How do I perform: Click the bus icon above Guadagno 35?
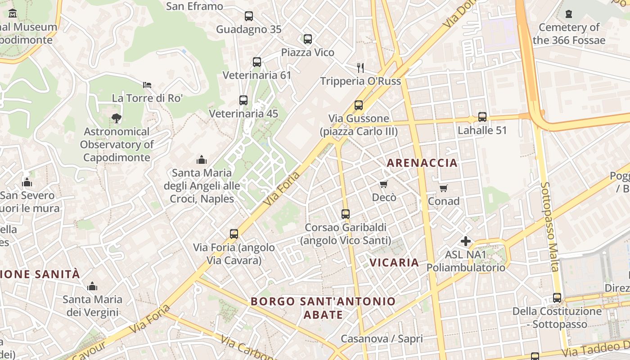249,16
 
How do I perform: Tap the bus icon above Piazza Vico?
308,39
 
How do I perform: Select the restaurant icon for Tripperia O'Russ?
360,68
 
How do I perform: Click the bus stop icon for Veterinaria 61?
257,62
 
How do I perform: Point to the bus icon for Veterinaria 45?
243,100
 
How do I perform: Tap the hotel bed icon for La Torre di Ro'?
147,85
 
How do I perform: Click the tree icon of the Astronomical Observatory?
117,118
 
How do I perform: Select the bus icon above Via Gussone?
359,105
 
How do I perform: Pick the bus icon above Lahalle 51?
482,117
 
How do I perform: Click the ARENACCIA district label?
422,163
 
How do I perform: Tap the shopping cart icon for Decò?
384,184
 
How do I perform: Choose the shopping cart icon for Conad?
444,188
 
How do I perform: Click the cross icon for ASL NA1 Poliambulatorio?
466,242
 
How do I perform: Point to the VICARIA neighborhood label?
394,262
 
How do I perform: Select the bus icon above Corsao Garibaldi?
346,214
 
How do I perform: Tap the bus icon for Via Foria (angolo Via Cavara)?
234,234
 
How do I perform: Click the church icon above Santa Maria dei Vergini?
92,286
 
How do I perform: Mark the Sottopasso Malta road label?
550,227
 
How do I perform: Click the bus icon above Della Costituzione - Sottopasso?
557,298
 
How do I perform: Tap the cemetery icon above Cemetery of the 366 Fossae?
569,14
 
